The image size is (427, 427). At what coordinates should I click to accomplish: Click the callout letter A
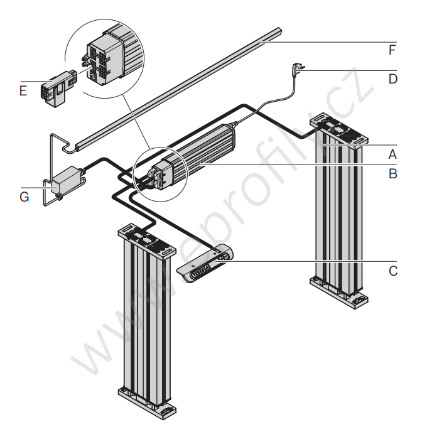393,153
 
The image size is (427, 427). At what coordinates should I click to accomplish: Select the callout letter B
393,173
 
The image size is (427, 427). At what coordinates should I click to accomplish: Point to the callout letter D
393,78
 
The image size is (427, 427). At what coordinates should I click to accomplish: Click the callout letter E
23,91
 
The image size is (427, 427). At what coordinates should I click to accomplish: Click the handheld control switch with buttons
205,266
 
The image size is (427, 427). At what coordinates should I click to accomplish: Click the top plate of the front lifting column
145,241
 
